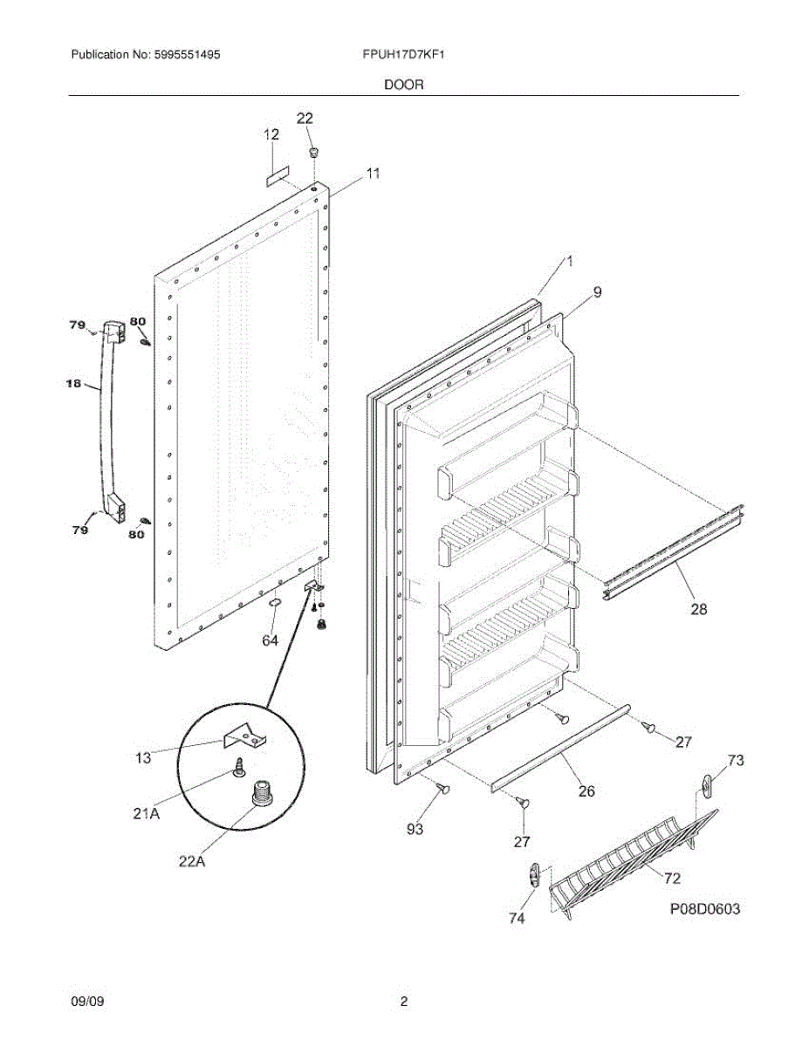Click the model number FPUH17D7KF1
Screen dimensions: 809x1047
(403, 54)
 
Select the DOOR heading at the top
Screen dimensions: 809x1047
(404, 85)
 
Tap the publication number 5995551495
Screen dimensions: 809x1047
(187, 54)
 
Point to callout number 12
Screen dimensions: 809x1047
(271, 134)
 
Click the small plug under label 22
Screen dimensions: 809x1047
(314, 153)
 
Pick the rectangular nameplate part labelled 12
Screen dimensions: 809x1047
(278, 176)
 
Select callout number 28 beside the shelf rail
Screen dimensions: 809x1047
(699, 609)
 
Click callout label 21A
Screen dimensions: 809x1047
(147, 814)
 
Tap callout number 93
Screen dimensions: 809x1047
(415, 829)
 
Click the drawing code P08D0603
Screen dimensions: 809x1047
(705, 909)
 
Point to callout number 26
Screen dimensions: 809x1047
(586, 790)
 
